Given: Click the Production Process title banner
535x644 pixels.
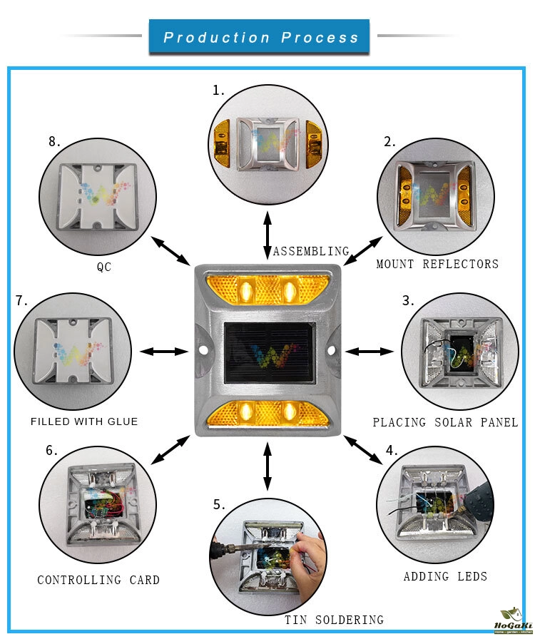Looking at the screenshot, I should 260,37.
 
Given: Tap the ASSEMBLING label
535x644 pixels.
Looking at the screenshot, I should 311,251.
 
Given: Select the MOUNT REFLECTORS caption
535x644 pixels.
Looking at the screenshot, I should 437,264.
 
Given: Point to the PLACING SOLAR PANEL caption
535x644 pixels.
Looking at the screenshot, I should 445,423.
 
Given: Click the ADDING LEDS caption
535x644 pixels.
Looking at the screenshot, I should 445,576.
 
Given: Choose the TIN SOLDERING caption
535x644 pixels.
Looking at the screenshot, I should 334,620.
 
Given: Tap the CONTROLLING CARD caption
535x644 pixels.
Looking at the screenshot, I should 98,580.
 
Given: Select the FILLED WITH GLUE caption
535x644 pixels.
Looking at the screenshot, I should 84,421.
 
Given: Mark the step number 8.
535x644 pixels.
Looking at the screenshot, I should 55,141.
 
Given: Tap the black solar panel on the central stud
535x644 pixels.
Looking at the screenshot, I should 267,352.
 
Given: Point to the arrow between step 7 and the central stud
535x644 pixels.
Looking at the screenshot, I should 164,351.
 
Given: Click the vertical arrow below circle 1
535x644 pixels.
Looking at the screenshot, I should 267,230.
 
